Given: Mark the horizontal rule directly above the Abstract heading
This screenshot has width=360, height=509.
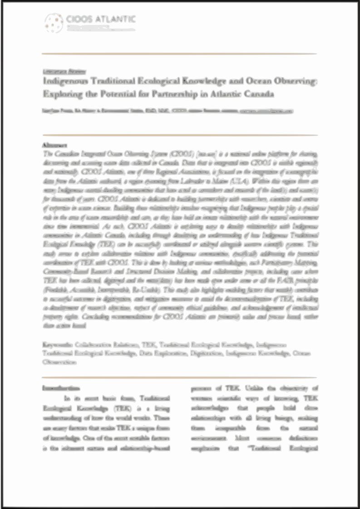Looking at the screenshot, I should [x=179, y=135].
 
